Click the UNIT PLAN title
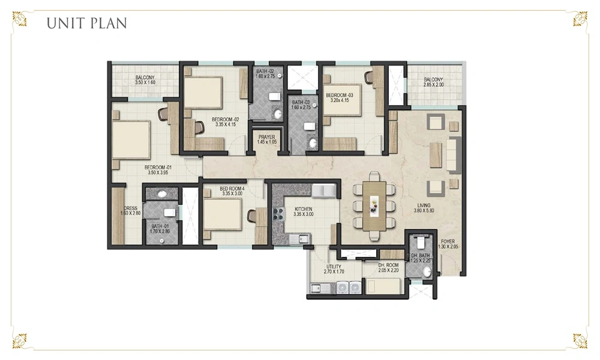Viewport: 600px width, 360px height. click(86, 23)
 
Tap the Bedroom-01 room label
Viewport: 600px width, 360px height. click(158, 170)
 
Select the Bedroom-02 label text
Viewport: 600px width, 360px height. click(226, 122)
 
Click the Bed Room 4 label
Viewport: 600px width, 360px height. click(232, 191)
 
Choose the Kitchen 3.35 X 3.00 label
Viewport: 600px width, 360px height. click(304, 212)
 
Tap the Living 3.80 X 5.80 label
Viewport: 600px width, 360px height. click(424, 208)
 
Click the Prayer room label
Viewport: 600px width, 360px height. click(267, 139)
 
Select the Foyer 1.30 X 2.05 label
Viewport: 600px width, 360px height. click(448, 244)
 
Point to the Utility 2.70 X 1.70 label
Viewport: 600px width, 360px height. click(334, 269)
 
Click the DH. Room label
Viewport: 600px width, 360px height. click(388, 268)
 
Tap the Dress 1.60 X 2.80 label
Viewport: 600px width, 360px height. click(130, 211)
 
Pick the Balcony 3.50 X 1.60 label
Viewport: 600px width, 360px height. click(145, 80)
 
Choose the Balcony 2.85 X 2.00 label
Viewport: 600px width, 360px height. click(434, 82)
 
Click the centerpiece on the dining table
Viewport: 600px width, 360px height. click(374, 206)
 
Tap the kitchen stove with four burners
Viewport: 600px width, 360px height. click(278, 214)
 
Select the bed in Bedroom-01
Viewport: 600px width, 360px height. click(131, 140)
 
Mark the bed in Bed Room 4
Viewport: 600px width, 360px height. click(223, 214)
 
